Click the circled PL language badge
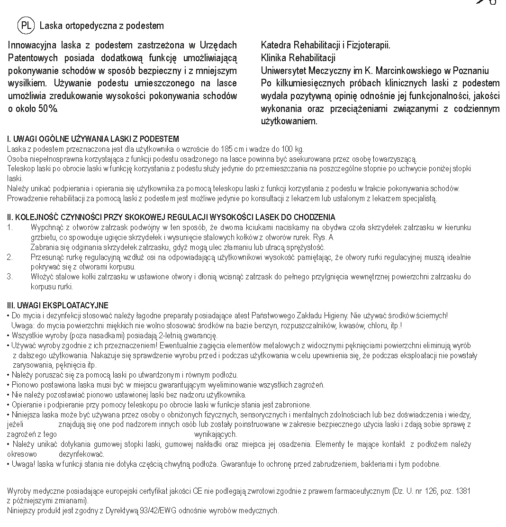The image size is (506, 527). click(26, 26)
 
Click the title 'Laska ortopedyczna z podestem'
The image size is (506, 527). click(102, 26)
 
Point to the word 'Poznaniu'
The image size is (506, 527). click(470, 71)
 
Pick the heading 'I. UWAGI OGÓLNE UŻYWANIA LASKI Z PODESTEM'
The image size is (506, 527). click(93, 139)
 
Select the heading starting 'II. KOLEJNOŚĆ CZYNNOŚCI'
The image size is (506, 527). click(171, 217)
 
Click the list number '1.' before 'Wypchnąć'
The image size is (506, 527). click(10, 228)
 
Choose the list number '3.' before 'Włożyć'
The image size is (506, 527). click(10, 277)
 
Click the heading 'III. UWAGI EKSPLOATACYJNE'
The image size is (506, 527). click(57, 305)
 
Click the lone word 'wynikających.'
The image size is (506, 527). click(216, 434)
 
